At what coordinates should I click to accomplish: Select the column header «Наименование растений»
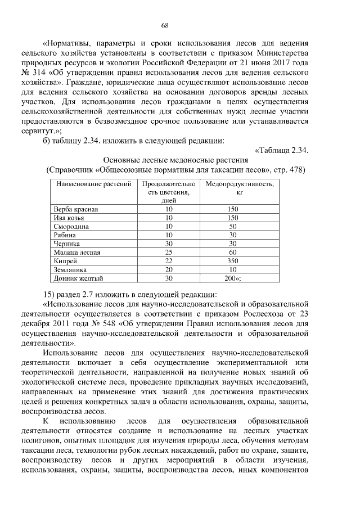point(94,184)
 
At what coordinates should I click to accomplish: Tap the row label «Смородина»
point(73,226)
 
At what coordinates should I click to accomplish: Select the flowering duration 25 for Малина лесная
point(168,253)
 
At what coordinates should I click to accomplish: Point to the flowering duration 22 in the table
point(168,261)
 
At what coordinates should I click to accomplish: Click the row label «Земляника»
point(70,269)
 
